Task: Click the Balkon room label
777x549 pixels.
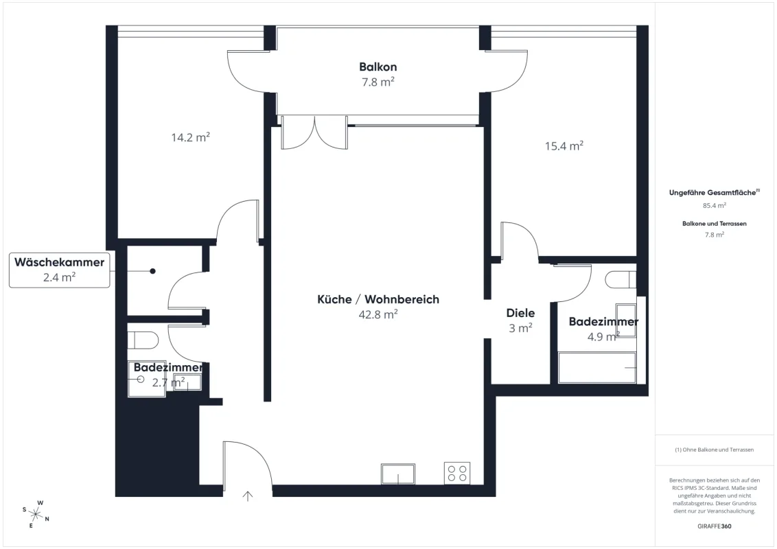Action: [378, 67]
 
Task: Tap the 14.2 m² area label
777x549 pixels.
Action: [190, 137]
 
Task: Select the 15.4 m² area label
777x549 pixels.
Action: [564, 145]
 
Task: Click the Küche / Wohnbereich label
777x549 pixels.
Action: [378, 299]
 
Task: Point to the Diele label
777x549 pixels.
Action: [520, 313]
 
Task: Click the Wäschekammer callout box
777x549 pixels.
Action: [60, 270]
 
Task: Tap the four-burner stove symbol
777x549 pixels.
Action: [457, 474]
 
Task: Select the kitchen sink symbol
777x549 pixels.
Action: [398, 474]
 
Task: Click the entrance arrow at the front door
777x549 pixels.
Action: [247, 495]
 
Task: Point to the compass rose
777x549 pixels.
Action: [36, 514]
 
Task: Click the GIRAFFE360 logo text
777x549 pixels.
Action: [714, 526]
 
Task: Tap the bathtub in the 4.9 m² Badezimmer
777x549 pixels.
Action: [597, 368]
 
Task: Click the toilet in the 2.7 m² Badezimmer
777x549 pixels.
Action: [143, 340]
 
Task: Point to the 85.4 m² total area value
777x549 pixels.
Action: [714, 205]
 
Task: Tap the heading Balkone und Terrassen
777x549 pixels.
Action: [714, 224]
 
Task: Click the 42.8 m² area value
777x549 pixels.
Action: [378, 314]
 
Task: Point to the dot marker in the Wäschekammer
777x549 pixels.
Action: [152, 271]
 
